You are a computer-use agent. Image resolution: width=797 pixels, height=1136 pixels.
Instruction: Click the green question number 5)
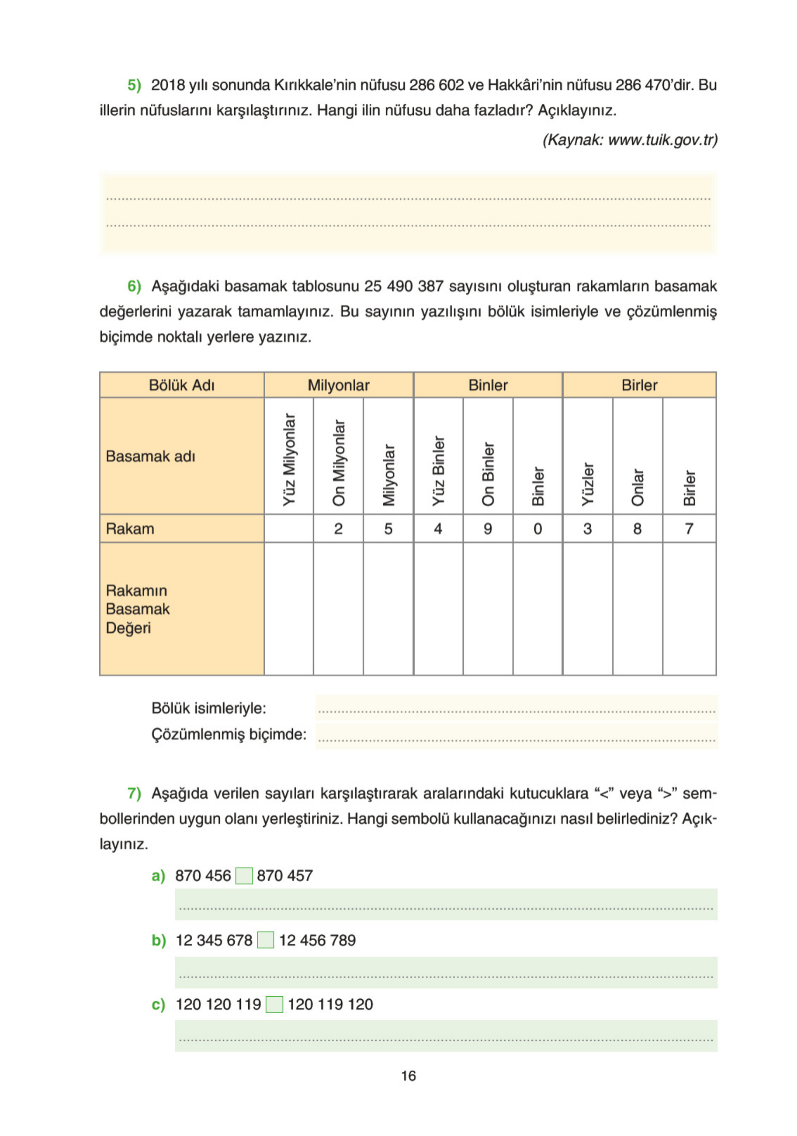tap(134, 85)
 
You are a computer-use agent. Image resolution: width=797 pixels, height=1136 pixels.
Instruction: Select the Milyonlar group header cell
tap(338, 385)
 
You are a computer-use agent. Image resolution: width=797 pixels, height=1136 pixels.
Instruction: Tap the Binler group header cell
tap(487, 385)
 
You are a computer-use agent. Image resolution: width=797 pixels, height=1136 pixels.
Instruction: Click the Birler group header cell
tap(639, 385)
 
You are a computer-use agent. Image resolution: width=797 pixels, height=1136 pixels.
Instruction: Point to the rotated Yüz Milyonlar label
tap(289, 460)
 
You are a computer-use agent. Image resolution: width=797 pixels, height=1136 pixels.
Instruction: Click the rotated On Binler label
tap(487, 473)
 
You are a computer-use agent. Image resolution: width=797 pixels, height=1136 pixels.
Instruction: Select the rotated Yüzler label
tap(587, 484)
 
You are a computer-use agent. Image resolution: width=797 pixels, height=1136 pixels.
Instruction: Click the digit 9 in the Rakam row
tap(487, 529)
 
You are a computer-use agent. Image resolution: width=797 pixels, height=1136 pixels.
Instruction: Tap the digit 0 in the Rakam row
tap(537, 529)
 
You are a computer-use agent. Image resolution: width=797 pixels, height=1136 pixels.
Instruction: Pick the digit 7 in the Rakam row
tap(689, 529)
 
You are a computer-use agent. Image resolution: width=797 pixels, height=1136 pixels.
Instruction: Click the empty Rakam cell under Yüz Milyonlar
tap(289, 529)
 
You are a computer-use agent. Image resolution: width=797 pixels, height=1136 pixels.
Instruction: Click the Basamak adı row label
tap(150, 456)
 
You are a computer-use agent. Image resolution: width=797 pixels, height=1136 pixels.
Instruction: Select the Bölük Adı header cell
tap(182, 385)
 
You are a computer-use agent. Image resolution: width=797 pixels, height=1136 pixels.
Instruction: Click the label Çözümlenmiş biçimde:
tap(229, 734)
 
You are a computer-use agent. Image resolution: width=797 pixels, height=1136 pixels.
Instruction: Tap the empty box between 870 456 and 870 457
tap(244, 875)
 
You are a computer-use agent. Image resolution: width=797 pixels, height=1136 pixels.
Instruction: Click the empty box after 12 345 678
tap(266, 940)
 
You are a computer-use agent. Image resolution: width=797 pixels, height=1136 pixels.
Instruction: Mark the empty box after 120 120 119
tap(275, 1004)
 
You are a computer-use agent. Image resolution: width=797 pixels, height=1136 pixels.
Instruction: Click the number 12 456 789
tap(317, 940)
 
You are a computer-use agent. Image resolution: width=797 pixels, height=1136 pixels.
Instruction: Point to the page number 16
tap(408, 1076)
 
